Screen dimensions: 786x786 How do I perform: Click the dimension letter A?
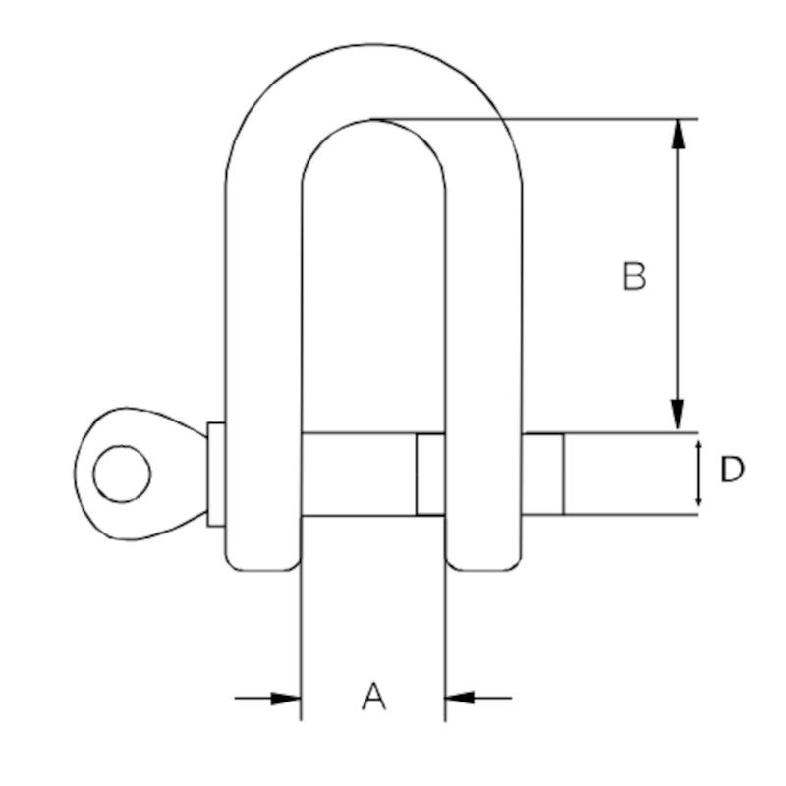(x=374, y=696)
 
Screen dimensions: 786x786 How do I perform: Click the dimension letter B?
(x=634, y=276)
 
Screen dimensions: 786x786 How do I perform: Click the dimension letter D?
(x=732, y=470)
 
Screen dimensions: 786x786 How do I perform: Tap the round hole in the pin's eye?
(x=122, y=474)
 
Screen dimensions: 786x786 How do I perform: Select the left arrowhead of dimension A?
(x=286, y=698)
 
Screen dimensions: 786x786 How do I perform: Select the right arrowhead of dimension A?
(x=460, y=698)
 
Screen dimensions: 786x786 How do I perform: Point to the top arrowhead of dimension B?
(x=678, y=134)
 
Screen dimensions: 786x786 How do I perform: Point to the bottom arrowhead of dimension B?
(x=678, y=416)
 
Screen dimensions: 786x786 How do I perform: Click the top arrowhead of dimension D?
(x=698, y=446)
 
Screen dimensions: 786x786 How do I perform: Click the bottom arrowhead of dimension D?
(x=698, y=500)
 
